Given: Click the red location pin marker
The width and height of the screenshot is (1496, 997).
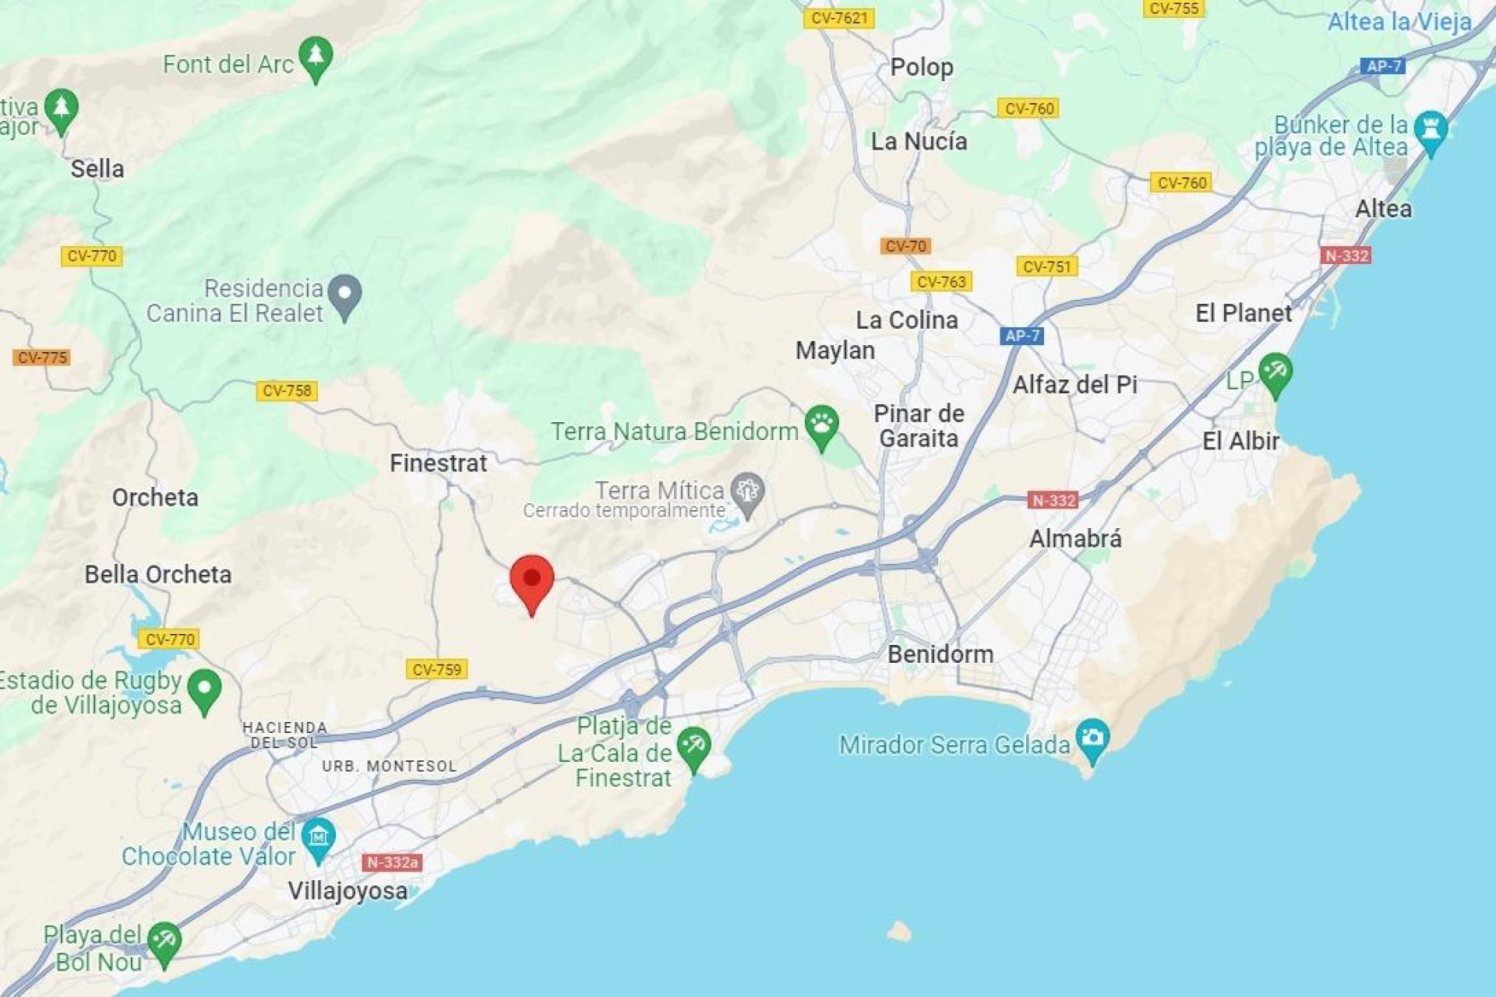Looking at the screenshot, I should pos(532,580).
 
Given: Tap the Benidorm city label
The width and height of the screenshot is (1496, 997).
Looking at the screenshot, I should pos(940,654).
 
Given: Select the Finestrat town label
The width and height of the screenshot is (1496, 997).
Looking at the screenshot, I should pos(438,463).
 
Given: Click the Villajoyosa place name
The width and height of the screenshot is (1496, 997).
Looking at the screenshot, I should pos(348,891).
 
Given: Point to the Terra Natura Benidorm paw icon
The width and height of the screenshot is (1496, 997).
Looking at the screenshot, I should pos(821,425).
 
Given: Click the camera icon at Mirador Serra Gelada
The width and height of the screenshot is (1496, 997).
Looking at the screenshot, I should pos(1092,738).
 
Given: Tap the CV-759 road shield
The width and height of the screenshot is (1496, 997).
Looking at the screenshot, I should pos(436,669).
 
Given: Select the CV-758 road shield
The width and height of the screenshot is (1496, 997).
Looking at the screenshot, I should pos(287,391).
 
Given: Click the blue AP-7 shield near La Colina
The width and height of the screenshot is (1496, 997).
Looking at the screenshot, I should pos(1021,336).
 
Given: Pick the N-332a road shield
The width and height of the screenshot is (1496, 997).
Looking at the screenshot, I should pos(393,862).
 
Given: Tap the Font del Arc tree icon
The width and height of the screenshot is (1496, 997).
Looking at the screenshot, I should pos(316,56).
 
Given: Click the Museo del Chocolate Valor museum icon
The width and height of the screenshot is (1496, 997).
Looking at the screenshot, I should pos(318,838).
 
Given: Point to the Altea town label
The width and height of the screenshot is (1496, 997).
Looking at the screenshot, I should pos(1383,209).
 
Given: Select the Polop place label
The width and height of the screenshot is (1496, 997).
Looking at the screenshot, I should pos(922,68).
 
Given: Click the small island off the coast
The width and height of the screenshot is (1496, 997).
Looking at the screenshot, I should pos(899,931).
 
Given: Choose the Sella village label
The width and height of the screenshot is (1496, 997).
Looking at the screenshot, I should pos(97,169).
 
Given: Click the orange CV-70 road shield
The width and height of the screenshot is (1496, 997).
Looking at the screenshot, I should pos(906,246).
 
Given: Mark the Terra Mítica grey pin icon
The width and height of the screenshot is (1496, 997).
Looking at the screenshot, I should pos(748,492).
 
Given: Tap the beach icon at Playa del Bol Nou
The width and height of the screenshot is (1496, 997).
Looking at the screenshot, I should pos(164,942).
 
